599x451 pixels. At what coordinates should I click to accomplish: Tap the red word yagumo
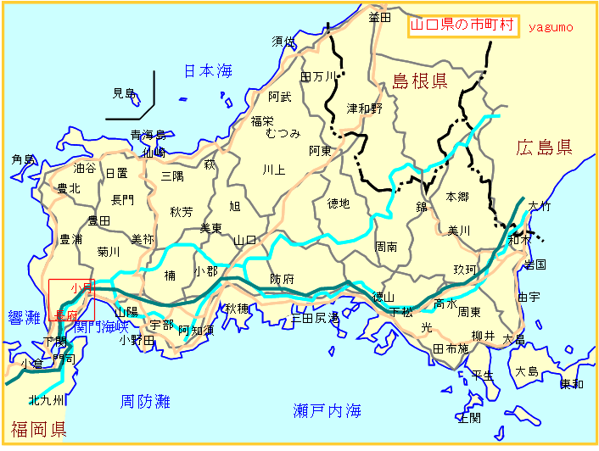point(551,27)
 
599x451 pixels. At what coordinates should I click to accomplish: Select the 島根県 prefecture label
point(419,82)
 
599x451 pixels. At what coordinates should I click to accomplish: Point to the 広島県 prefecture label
point(544,148)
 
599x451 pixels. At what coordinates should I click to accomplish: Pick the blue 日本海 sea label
point(208,71)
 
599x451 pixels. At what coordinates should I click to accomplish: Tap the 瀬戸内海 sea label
point(327,411)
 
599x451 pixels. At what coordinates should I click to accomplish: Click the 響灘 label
point(23,318)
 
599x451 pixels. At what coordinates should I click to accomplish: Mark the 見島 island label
point(125,93)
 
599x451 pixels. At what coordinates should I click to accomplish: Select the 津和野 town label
point(365,109)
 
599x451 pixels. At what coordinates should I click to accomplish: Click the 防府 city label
point(283,279)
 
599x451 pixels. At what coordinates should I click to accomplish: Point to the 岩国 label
point(535,264)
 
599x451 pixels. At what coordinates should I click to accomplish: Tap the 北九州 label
point(45,400)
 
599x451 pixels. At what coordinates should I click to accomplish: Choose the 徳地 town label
point(339,203)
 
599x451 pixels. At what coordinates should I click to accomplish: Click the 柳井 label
point(483,337)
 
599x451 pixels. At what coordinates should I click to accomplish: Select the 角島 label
point(23,159)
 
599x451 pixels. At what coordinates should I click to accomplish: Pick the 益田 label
point(379,16)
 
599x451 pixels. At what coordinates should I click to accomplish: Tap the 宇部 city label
point(161,325)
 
